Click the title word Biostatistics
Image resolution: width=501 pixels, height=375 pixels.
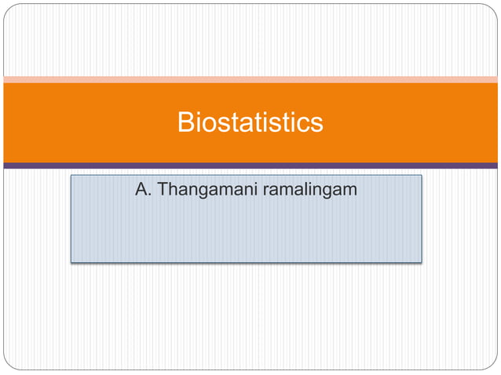point(250,123)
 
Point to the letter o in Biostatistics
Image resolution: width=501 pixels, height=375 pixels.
point(206,125)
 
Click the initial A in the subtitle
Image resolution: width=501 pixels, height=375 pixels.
point(142,189)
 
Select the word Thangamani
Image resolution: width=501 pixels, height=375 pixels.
point(205,190)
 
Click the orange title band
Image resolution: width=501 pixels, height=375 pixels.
point(79,122)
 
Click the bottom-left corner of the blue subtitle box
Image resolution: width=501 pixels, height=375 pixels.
point(72,260)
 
